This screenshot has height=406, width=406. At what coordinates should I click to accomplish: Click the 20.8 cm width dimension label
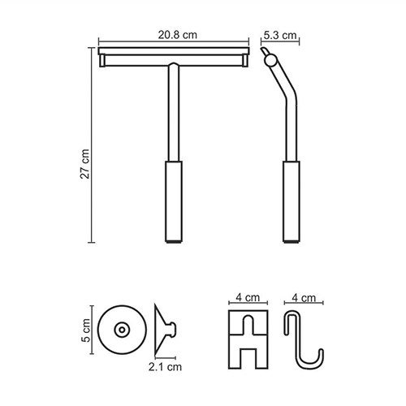178,35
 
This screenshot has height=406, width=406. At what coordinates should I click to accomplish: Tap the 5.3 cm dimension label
280,35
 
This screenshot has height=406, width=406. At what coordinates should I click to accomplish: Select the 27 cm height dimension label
84,164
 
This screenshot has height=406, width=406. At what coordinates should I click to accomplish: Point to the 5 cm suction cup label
86,330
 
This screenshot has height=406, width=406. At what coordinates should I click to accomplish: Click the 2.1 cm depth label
165,367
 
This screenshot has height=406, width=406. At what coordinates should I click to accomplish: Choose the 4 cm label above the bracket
248,297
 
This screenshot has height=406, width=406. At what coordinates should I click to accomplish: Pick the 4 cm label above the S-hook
304,298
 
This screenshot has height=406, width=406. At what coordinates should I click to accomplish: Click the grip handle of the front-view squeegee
174,201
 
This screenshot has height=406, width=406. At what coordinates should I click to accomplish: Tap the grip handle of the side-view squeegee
292,201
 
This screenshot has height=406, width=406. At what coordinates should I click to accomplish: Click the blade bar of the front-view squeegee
174,51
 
